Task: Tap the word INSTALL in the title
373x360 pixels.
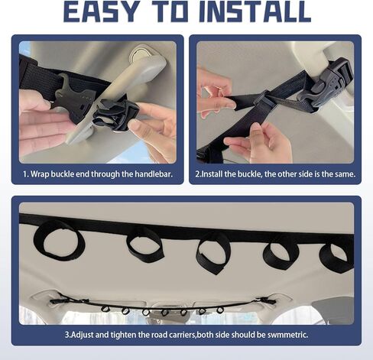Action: coord(255,11)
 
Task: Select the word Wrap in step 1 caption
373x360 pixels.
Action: coord(40,174)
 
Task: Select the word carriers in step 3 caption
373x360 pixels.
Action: coord(182,335)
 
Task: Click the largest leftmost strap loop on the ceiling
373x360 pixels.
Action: coord(59,240)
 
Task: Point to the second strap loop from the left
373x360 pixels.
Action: coord(145,244)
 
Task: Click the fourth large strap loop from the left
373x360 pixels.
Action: coord(281,255)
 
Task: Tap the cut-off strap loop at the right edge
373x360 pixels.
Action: coord(337,258)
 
